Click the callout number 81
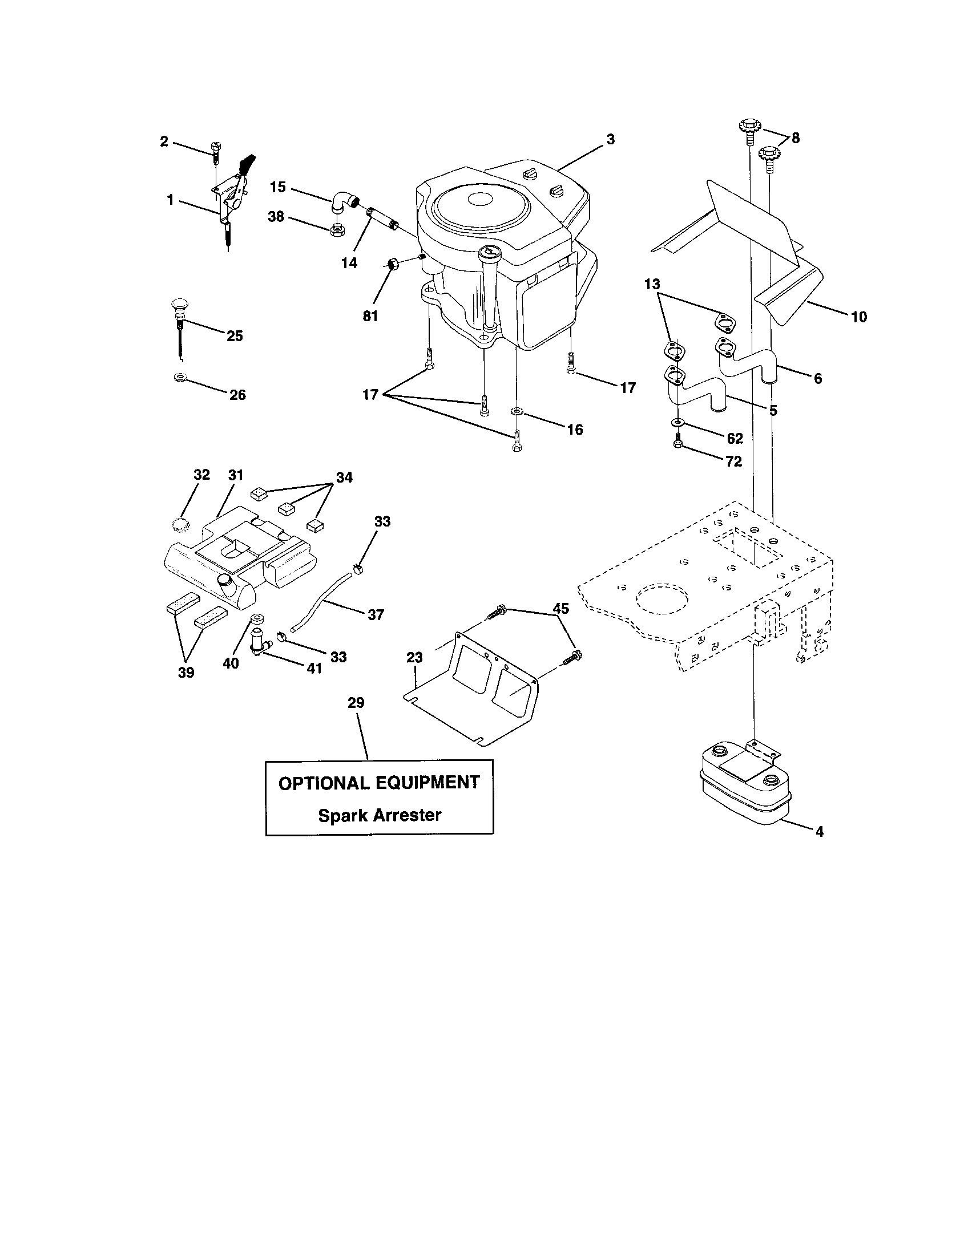[370, 316]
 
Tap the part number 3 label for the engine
[611, 139]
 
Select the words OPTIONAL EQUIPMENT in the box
[379, 783]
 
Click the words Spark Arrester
[380, 815]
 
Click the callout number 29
[356, 703]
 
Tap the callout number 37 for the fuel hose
[376, 615]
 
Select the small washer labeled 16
[516, 411]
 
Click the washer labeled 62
[677, 423]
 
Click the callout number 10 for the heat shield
[858, 317]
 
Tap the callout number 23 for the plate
[414, 657]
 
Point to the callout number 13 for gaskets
[652, 284]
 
